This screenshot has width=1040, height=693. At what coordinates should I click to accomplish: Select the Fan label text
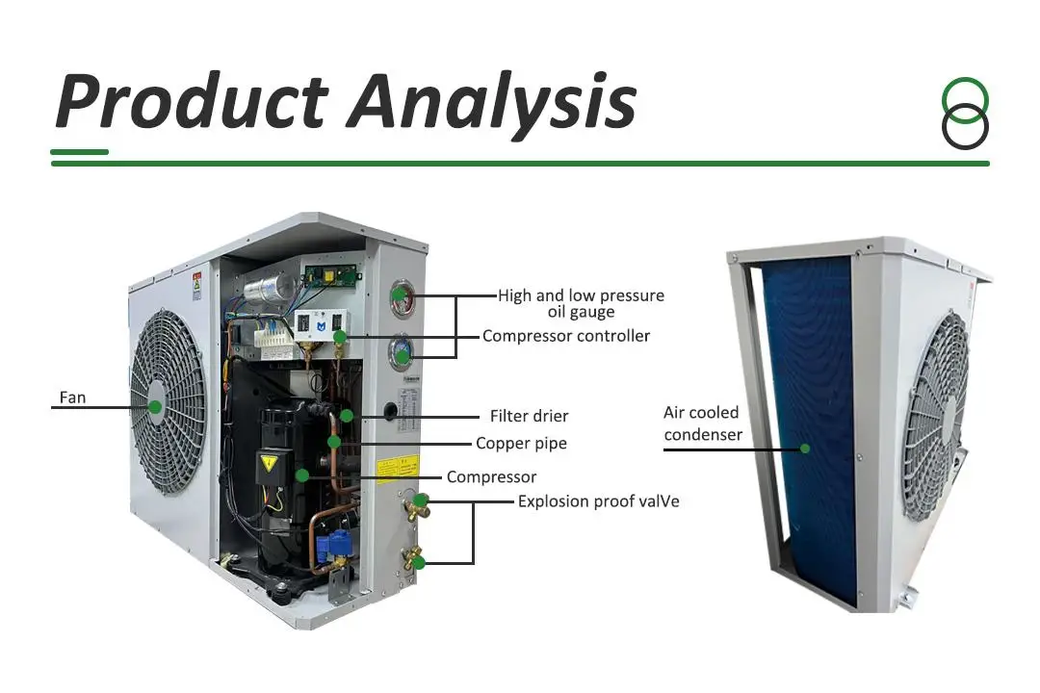72,397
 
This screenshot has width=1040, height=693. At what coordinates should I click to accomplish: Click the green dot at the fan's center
155,407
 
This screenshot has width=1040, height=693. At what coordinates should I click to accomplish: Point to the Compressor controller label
566,336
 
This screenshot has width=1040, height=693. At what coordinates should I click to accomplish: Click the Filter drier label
529,417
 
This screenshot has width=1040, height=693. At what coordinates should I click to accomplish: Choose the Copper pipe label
521,444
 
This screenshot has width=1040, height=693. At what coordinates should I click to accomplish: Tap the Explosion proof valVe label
598,501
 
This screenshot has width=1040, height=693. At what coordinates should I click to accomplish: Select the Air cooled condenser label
702,423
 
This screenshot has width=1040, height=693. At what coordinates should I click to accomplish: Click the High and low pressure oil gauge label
581,303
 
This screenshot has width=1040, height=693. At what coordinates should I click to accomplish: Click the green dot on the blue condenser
805,448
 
